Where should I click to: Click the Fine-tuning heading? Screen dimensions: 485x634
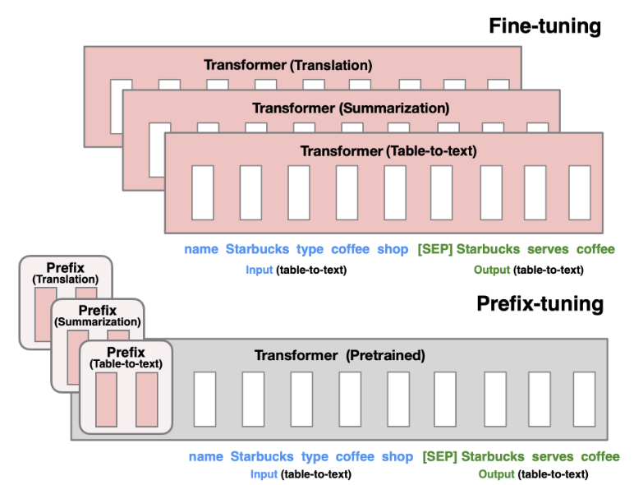tap(545, 25)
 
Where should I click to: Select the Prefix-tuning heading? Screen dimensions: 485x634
tap(540, 304)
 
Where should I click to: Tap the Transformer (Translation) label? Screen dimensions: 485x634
tap(288, 65)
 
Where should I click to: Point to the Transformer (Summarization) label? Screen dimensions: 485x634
tap(351, 109)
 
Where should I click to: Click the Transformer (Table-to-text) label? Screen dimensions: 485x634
tap(388, 151)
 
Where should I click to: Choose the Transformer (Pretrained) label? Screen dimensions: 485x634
tap(339, 356)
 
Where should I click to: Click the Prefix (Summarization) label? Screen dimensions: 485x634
tap(98, 316)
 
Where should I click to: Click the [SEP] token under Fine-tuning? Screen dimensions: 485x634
tap(434, 249)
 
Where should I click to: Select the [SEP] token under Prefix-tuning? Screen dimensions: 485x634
tap(439, 456)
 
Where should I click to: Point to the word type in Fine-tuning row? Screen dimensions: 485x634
tap(309, 249)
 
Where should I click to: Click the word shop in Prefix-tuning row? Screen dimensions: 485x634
tap(397, 456)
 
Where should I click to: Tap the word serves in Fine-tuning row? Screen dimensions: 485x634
tap(546, 249)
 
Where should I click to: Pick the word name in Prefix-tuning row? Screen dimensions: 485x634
tap(205, 456)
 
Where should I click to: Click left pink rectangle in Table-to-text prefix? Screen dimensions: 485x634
tap(106, 399)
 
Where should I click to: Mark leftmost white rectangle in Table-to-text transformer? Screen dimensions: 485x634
tap(202, 192)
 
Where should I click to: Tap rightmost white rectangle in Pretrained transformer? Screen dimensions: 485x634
tap(584, 399)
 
